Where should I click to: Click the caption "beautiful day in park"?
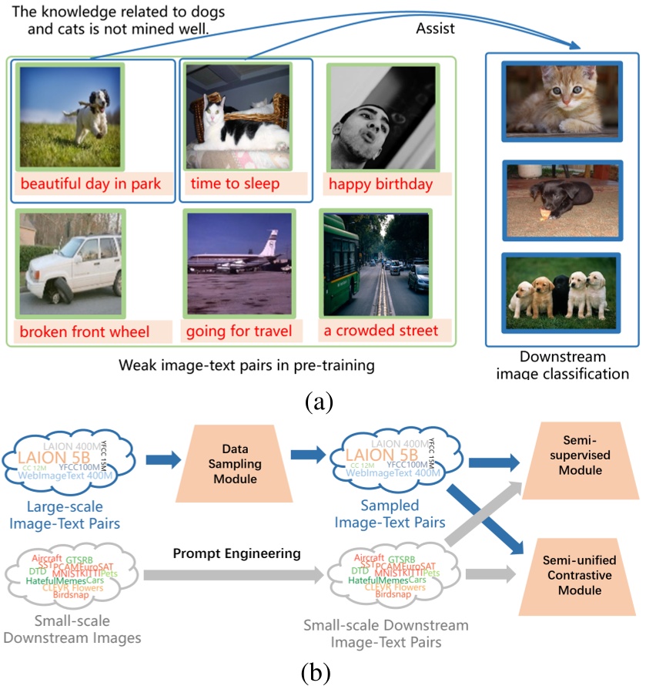pos(91,183)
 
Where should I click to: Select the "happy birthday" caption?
pos(380,184)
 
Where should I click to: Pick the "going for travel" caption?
pos(239,331)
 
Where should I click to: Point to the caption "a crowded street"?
pos(380,331)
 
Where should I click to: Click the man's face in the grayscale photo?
pos(362,119)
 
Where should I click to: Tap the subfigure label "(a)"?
pos(318,402)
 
